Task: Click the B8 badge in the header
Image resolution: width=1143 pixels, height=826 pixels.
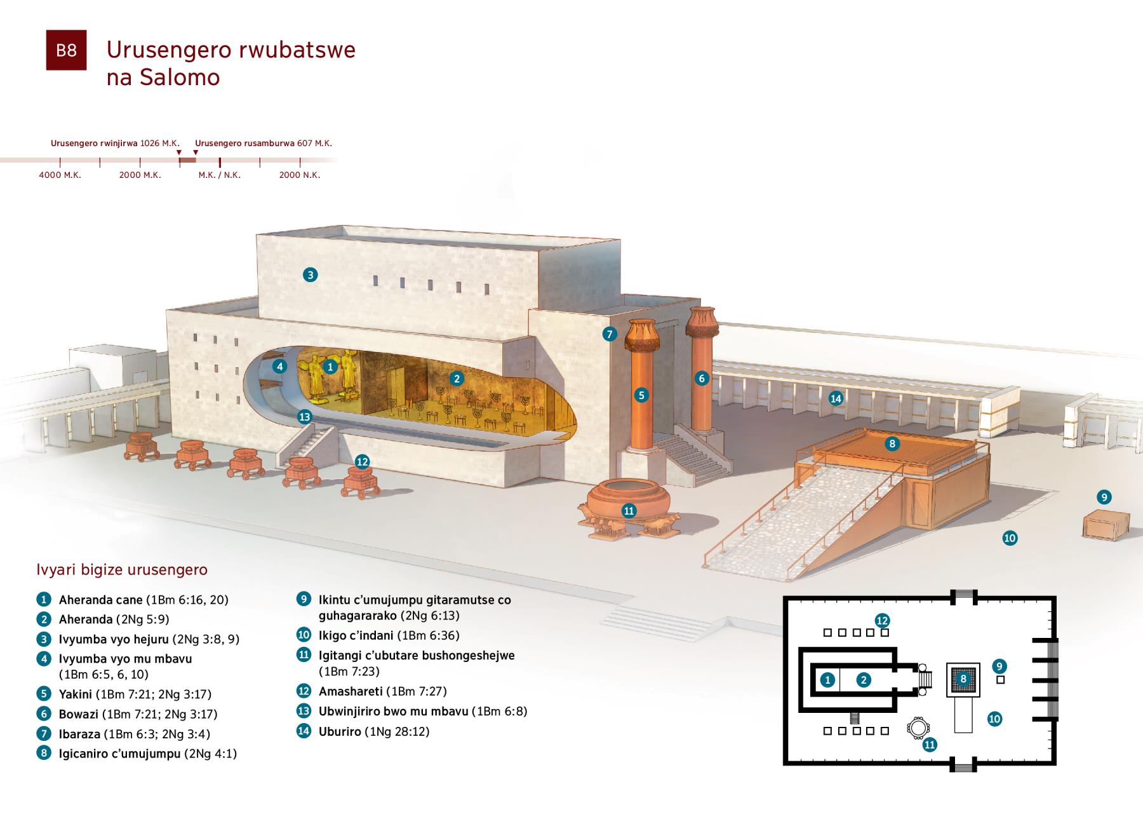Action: coord(66,50)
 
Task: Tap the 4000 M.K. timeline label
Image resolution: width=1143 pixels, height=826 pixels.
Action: coord(60,175)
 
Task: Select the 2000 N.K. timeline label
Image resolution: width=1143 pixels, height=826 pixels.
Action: coord(299,175)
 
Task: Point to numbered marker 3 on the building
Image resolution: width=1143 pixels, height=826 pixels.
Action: coord(310,274)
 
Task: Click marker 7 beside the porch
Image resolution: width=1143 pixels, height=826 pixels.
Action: coord(609,334)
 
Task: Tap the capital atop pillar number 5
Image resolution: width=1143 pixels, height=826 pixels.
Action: coord(643,335)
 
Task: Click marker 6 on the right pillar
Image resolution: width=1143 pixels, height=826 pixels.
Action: coord(702,378)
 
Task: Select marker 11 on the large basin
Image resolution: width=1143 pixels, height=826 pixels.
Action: coord(629,510)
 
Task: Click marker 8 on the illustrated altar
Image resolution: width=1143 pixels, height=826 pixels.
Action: coord(892,443)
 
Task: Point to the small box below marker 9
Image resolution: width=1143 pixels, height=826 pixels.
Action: coord(1106,525)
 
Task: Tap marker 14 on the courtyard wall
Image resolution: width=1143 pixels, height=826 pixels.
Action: coord(836,398)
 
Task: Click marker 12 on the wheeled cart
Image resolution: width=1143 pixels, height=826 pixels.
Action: coord(362,462)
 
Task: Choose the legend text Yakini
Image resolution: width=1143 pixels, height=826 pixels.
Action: coord(76,694)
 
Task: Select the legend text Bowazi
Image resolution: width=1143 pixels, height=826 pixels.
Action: coord(78,714)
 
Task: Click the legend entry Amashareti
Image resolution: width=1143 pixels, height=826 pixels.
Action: coord(351,691)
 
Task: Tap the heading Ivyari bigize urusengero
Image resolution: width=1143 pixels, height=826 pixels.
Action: coord(122,569)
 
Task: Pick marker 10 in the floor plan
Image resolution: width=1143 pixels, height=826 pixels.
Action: coord(994,719)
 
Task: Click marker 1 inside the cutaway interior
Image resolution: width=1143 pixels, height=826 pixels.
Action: coord(330,366)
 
